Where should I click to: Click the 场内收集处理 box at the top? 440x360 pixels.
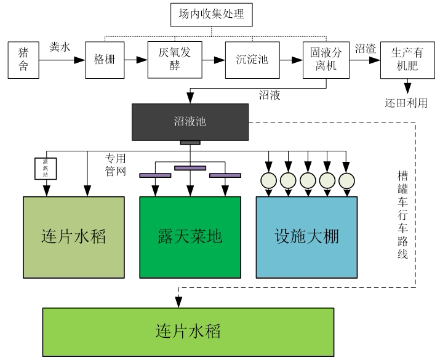211,14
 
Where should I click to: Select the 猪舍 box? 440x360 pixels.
23,60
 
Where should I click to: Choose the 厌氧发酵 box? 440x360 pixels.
170,60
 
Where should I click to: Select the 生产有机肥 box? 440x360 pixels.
404,60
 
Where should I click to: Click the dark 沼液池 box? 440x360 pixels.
190,121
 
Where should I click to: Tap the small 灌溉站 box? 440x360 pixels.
46,168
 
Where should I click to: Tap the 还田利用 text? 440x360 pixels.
406,102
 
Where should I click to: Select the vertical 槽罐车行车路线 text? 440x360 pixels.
402,215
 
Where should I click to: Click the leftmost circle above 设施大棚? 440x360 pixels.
268,180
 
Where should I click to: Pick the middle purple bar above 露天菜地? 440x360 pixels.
190,167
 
